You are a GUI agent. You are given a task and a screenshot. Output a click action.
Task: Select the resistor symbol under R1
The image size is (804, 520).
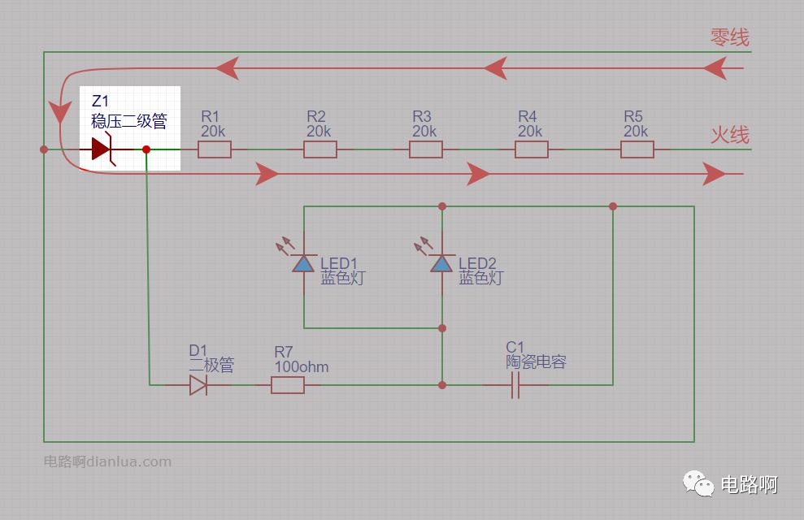[x=215, y=149]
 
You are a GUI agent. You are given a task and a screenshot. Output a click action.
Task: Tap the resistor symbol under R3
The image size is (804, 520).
[x=426, y=149]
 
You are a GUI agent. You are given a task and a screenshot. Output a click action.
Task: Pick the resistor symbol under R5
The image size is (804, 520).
[x=637, y=149]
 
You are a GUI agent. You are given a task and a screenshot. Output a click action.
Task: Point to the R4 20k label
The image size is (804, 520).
[x=530, y=124]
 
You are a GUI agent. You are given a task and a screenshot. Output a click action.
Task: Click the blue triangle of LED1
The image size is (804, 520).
[x=303, y=264]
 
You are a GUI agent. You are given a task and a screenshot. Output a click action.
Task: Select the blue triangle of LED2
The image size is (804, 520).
[x=441, y=264]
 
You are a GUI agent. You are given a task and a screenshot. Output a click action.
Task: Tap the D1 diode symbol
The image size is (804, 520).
[x=198, y=385]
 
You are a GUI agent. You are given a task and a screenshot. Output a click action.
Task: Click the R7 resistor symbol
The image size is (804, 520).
[x=287, y=385]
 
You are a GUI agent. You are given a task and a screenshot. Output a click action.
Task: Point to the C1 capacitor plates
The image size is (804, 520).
[x=515, y=385]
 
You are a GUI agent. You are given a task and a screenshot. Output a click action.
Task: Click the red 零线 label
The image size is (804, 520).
[x=730, y=37]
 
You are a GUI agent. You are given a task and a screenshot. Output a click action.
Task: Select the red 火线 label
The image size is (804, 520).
[x=730, y=135]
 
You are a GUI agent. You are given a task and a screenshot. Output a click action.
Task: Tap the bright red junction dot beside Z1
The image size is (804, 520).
[x=146, y=149]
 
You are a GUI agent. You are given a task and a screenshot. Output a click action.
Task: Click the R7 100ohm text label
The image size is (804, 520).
[x=301, y=359]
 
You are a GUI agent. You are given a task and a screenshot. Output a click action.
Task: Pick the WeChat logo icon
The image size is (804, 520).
[x=698, y=483]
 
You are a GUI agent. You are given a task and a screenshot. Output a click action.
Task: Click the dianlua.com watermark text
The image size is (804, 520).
[x=107, y=461]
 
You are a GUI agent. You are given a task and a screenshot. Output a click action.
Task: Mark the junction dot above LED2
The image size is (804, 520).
[x=442, y=206]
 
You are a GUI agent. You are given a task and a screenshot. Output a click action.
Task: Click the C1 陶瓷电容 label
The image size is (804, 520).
[x=536, y=354]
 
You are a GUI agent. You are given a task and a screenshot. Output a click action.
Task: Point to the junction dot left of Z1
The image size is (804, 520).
[x=44, y=149]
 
